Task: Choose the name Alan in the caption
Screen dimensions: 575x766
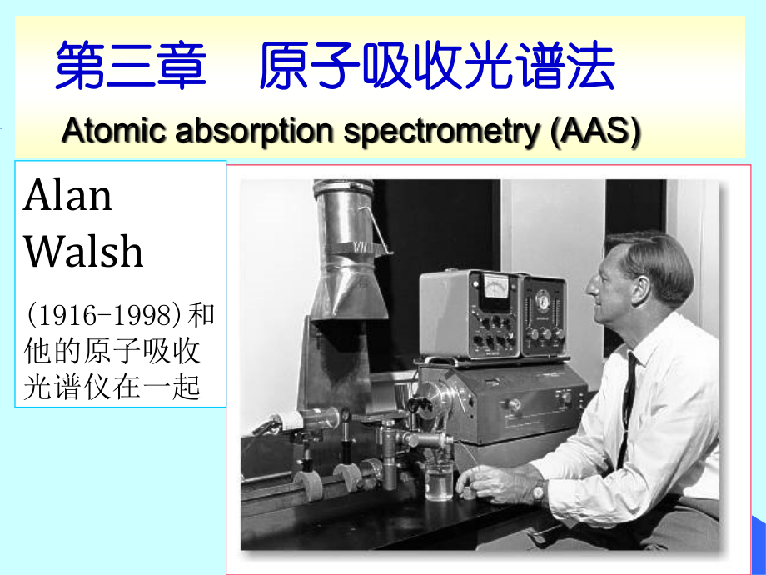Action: click(x=67, y=197)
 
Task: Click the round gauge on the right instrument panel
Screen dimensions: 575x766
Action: click(x=545, y=299)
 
